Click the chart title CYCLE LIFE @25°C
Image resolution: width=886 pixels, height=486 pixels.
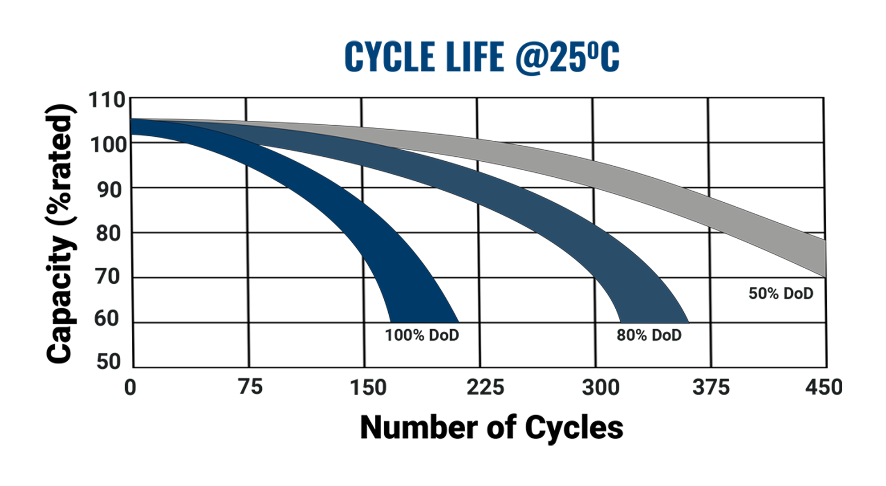[481, 57]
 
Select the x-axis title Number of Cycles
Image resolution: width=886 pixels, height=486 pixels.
[491, 428]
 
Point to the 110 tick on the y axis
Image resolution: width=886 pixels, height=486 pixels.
[107, 100]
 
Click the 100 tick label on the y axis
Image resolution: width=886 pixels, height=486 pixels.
[108, 145]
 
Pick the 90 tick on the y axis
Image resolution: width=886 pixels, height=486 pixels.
[109, 190]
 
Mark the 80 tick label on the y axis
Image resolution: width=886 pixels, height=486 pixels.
[109, 233]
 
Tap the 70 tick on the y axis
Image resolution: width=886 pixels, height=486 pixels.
[108, 276]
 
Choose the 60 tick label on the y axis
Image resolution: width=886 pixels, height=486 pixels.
[108, 319]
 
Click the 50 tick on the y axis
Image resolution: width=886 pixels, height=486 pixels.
[109, 361]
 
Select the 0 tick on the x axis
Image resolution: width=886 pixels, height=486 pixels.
[130, 387]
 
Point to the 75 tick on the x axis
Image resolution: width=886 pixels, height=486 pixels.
[250, 387]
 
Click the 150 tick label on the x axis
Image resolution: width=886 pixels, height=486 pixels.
[368, 387]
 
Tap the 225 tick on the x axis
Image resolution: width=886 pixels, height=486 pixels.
[485, 387]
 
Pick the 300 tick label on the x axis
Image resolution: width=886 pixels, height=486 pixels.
[600, 387]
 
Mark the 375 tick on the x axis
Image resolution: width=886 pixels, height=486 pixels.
[711, 387]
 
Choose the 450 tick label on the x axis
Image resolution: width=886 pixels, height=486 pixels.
[823, 387]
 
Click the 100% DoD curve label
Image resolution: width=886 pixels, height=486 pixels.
[422, 335]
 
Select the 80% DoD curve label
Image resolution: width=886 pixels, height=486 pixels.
[649, 335]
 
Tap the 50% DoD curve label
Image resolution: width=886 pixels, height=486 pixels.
[781, 294]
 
